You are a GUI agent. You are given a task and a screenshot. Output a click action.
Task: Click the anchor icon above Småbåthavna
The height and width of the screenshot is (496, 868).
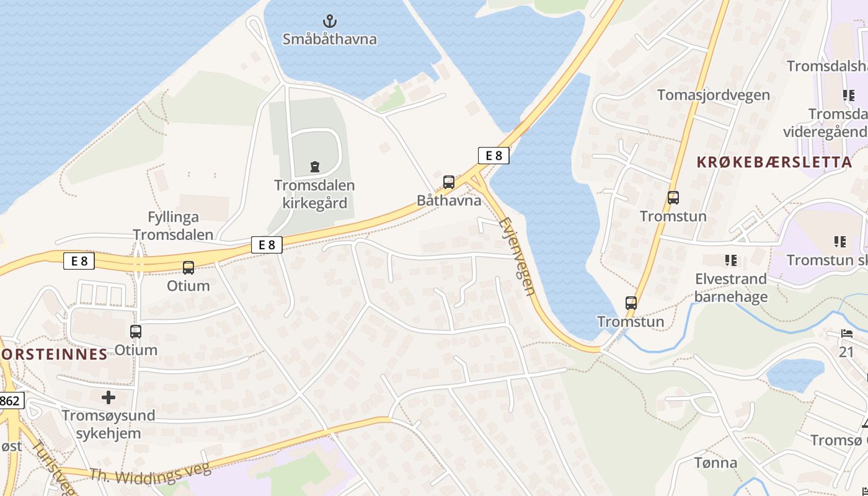coord(330,21)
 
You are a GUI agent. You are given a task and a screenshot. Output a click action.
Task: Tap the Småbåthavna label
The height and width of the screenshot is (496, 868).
coord(330,39)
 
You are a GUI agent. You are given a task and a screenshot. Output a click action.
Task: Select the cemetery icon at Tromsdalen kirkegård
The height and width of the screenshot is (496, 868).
coord(315,166)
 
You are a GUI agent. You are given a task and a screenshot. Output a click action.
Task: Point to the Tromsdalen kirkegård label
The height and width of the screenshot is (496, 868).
coord(315,194)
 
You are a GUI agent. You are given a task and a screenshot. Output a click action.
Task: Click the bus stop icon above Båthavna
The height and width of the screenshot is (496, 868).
coord(449,182)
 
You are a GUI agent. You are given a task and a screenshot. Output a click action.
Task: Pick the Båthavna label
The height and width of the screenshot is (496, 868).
coord(449,200)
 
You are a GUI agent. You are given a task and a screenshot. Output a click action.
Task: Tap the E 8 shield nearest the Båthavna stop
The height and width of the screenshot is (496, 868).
coord(494,156)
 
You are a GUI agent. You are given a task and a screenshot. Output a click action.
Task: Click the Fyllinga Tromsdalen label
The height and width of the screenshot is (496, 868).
coord(173,226)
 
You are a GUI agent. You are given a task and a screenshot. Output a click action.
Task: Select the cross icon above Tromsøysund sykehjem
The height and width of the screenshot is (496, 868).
coord(108,397)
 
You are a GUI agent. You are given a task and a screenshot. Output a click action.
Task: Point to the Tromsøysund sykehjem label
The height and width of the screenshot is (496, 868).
coord(108,423)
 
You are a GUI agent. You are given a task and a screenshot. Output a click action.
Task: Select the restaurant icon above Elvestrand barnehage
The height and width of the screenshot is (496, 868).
coord(731,260)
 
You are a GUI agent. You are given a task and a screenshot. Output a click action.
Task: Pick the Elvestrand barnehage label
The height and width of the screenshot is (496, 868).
coord(731,288)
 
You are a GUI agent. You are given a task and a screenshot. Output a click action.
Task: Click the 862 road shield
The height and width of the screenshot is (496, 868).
coord(11,401)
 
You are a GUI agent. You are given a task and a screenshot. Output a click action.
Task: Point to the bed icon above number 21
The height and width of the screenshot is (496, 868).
coord(847,334)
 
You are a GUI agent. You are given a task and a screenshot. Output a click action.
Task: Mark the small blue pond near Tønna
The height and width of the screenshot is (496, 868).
coord(794,374)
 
